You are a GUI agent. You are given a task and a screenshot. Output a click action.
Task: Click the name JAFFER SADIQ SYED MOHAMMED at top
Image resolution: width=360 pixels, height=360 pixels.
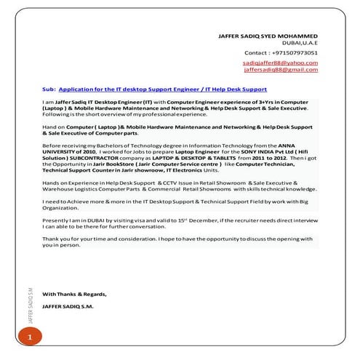268,36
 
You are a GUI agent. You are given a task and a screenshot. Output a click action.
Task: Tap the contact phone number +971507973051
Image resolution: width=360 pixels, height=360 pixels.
291,53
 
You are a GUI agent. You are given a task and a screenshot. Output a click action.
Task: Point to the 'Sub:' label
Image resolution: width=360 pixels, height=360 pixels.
49,89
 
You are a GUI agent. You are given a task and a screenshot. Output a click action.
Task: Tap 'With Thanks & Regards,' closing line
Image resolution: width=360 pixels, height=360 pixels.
74,294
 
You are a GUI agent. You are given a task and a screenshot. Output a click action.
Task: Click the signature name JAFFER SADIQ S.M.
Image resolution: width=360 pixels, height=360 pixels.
68,307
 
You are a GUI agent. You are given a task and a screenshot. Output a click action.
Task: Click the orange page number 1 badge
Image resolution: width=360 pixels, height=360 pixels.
30,337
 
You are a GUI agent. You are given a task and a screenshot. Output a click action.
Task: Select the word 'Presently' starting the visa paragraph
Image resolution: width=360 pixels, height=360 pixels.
56,219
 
